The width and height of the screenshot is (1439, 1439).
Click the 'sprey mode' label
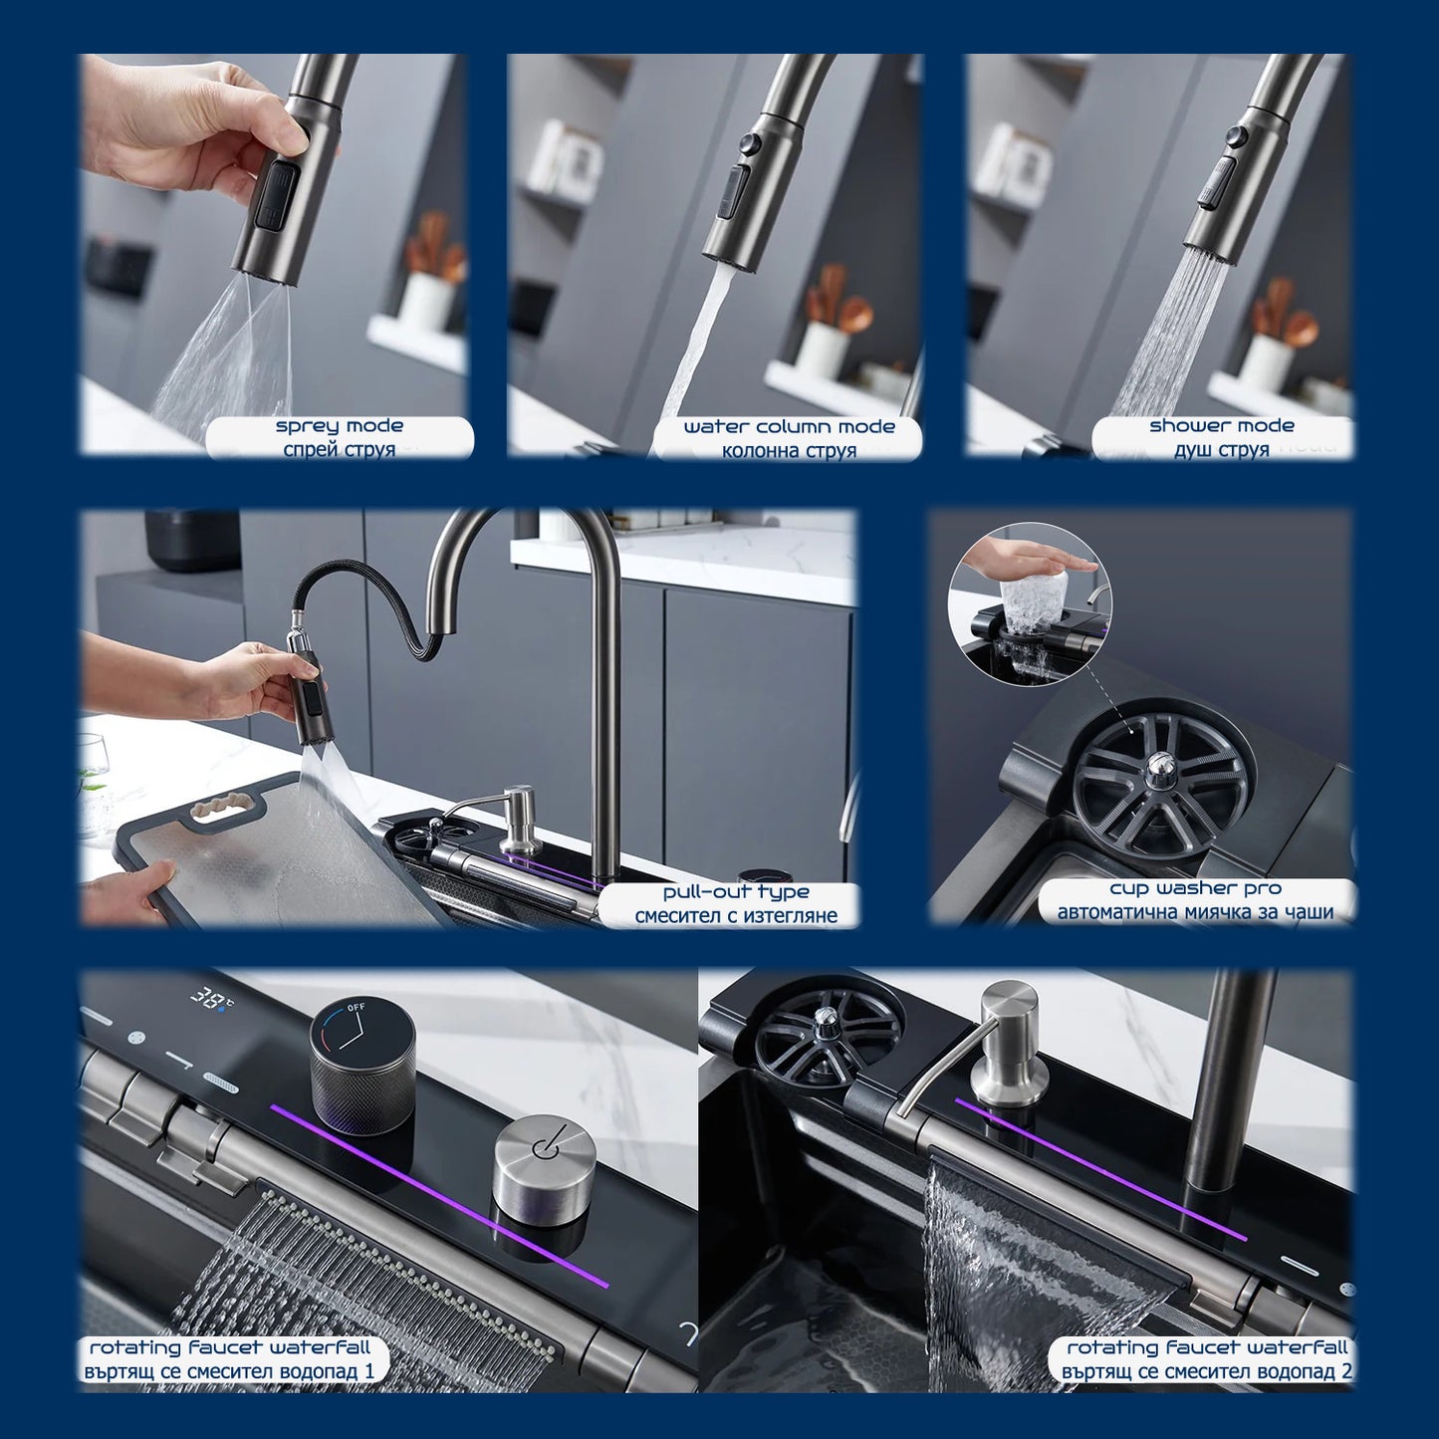tap(339, 425)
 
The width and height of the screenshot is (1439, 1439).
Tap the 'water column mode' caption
tap(790, 426)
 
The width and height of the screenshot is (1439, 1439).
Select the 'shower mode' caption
tap(1222, 425)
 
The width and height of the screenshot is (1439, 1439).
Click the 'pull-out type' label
tap(736, 891)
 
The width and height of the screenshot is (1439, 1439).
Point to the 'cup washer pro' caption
tap(1195, 888)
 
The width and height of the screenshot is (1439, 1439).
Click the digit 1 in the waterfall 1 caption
tap(367, 1371)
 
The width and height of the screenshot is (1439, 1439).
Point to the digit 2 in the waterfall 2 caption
tap(1345, 1371)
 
